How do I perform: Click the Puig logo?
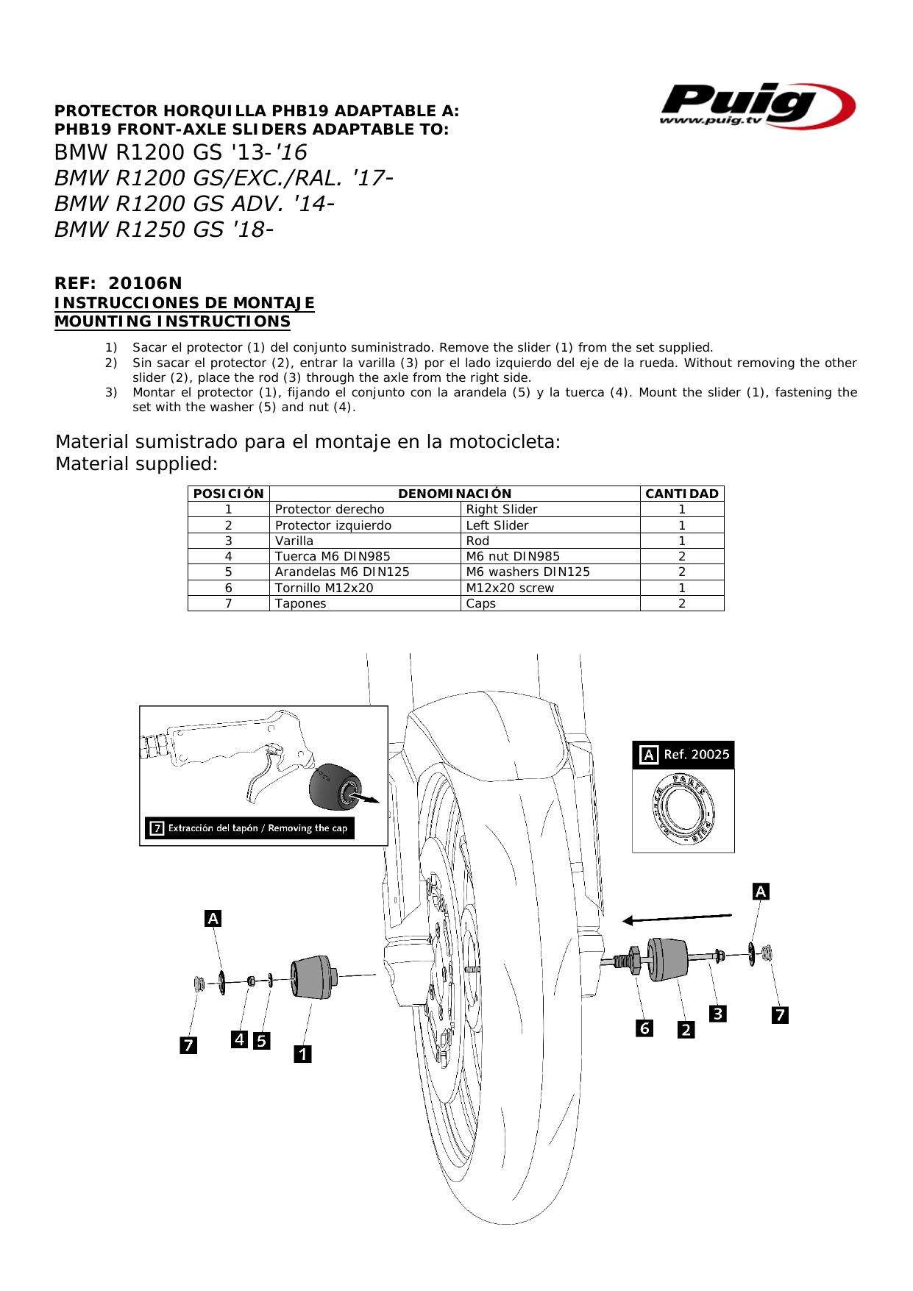(756, 105)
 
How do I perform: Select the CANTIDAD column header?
(681, 494)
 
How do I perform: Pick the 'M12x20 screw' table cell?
(510, 588)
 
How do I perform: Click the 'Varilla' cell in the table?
(294, 541)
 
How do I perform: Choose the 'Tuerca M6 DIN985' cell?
(333, 556)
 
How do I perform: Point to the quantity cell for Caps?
(681, 603)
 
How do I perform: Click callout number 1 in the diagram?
(302, 1054)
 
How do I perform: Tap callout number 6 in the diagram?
(644, 1028)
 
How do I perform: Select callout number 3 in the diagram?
(717, 1014)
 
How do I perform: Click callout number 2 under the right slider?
(686, 1030)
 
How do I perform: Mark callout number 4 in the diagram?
(239, 1039)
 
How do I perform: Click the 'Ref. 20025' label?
(696, 754)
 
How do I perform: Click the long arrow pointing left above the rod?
(677, 918)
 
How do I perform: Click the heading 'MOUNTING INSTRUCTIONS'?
(173, 321)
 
